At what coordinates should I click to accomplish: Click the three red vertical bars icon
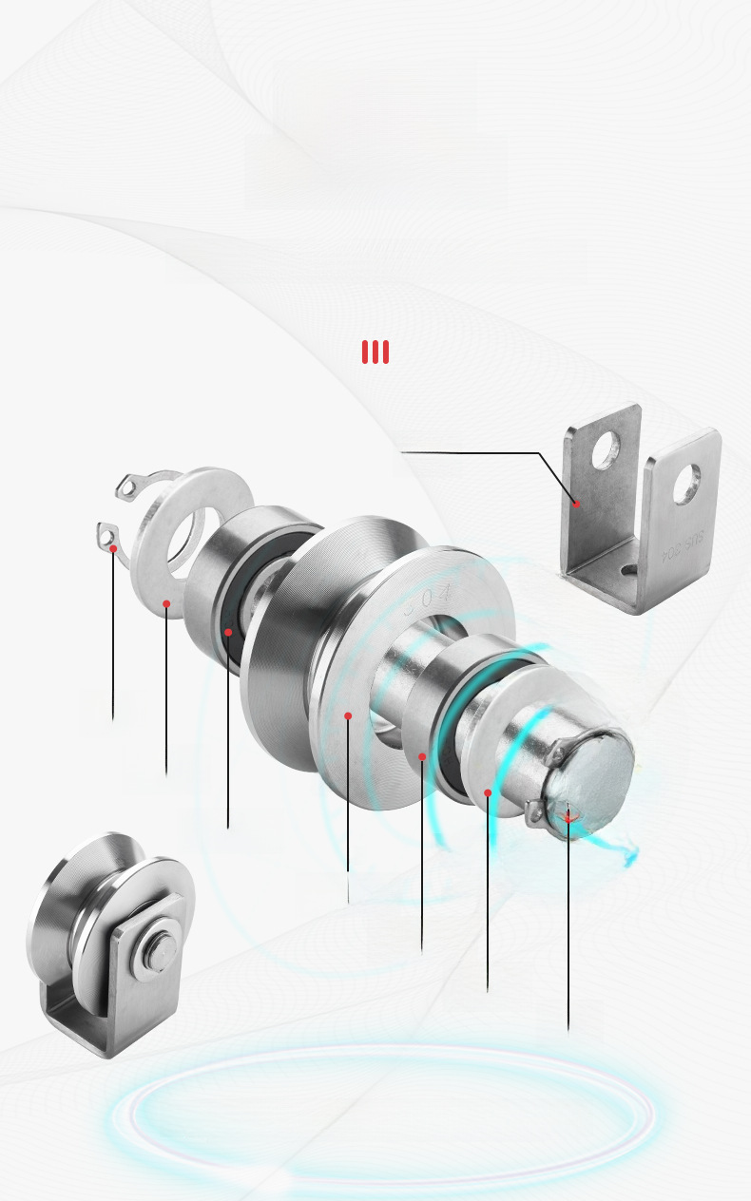375,353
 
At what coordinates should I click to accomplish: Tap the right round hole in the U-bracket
686,484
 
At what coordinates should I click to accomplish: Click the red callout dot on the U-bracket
576,504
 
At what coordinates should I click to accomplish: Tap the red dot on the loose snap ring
113,549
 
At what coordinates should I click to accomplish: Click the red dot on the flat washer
166,603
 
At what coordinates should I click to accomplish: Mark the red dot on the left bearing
228,632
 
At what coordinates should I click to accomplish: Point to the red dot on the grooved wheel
348,715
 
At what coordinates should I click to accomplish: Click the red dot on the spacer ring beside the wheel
422,756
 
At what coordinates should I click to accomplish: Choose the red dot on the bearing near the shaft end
488,791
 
